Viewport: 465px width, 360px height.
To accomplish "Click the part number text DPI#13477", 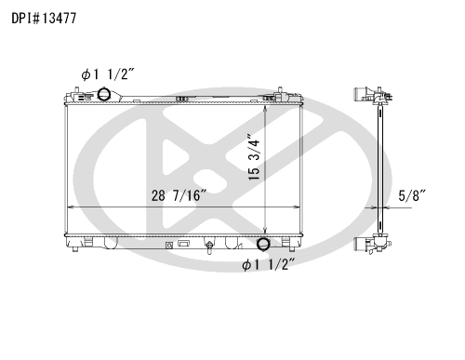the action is click(44, 19).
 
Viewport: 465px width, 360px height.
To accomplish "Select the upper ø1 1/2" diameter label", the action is click(108, 74).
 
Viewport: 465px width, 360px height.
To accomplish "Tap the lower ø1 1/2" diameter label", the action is click(268, 264).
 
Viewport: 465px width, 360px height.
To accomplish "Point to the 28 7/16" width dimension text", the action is click(179, 195).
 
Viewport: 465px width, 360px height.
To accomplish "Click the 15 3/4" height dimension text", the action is click(254, 157).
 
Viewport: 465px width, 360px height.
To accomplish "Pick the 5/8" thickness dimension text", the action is click(412, 195).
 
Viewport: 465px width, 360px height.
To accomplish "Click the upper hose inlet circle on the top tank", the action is click(103, 94).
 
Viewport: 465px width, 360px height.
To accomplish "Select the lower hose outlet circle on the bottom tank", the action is click(263, 244).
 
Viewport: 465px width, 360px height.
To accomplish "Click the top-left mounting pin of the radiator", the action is click(76, 90).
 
